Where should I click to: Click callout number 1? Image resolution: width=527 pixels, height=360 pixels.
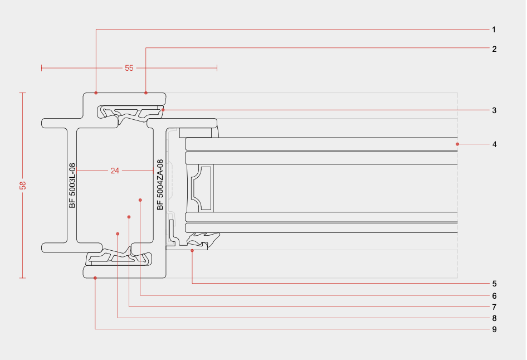[494, 29]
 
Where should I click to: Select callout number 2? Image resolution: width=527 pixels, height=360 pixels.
[494, 48]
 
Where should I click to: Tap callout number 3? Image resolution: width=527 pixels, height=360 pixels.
[494, 110]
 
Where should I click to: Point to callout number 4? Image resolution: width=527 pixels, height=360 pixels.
[494, 144]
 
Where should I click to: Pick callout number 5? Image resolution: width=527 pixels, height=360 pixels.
[494, 284]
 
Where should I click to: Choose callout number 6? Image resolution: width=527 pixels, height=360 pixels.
[494, 295]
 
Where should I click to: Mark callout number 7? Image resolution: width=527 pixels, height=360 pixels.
[494, 307]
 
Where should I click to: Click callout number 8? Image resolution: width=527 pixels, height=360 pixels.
[494, 318]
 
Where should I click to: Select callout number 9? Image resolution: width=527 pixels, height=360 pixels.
[494, 329]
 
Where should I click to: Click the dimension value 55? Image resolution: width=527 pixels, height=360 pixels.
[129, 68]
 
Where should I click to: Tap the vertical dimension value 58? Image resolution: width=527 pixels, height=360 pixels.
[23, 185]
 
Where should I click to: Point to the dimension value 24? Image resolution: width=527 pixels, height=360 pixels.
[115, 171]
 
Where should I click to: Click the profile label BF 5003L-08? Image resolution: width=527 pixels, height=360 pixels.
[72, 185]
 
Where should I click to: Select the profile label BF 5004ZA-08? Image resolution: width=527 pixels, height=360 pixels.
[160, 185]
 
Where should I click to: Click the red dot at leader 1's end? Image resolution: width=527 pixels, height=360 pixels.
[96, 93]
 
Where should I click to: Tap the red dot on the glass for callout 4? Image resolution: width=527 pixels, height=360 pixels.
[457, 144]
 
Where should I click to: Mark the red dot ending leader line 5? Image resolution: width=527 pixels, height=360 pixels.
[192, 251]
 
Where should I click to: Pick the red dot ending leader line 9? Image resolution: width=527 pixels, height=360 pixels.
[95, 278]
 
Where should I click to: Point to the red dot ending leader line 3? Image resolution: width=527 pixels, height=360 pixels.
[163, 110]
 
